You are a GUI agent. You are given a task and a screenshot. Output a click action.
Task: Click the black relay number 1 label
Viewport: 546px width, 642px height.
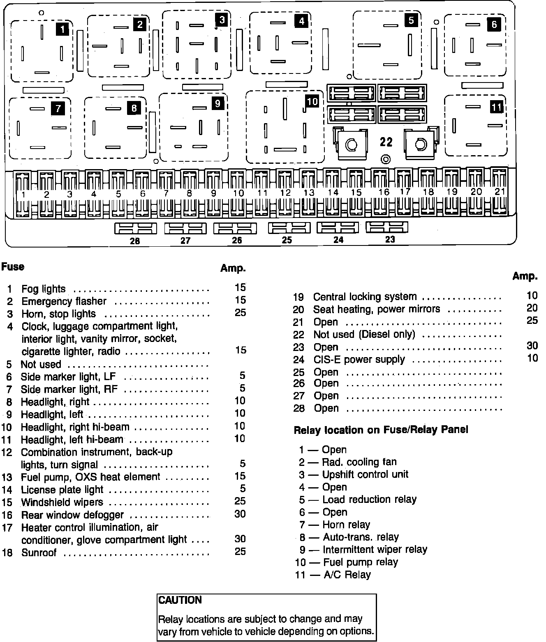point(62,29)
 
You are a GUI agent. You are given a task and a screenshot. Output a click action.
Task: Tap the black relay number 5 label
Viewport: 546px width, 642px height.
point(411,20)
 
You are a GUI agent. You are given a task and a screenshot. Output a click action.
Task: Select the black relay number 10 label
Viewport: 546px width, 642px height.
point(312,101)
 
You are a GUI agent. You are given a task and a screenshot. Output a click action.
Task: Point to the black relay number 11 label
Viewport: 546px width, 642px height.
point(497,107)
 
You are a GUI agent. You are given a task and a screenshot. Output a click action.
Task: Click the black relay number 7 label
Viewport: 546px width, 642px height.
point(58,108)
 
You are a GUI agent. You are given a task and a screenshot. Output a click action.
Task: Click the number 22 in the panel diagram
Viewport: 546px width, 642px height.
point(386,142)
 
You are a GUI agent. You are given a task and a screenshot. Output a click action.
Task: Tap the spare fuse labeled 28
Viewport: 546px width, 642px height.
point(135,229)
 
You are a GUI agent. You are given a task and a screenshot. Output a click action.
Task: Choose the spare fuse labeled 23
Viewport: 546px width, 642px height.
point(387,227)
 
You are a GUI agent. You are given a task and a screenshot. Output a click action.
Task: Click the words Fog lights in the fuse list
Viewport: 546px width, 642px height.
point(44,289)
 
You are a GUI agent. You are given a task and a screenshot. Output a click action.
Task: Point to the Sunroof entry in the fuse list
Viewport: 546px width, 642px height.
point(39,553)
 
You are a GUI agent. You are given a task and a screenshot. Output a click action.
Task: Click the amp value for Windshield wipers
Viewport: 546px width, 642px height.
point(240,501)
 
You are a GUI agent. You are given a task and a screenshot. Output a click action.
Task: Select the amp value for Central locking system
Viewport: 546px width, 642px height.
point(532,295)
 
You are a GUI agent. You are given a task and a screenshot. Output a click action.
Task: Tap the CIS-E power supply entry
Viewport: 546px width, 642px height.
point(359,360)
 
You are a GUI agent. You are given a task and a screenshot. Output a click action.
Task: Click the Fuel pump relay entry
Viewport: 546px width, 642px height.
point(361,562)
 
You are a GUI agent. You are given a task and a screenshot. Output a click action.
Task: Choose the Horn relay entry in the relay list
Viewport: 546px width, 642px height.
point(346,525)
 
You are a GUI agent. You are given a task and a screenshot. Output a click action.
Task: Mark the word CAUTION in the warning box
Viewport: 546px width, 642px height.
point(180,600)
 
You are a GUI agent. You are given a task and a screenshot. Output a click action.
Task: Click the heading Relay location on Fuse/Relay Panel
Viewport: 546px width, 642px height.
point(381,430)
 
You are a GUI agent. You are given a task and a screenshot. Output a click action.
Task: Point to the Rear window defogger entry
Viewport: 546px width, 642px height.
point(72,515)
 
